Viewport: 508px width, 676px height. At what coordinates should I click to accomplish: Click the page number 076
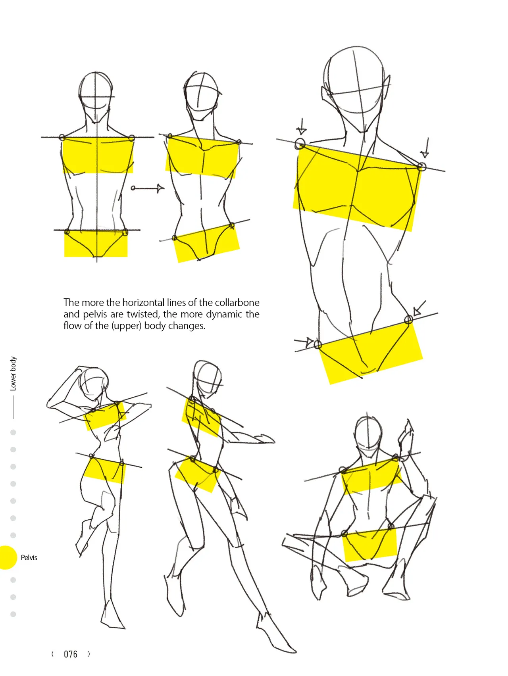tap(71, 654)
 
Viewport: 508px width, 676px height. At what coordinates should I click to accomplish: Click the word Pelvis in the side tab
tap(29, 557)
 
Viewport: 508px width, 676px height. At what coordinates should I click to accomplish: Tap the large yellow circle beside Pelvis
tap(7, 557)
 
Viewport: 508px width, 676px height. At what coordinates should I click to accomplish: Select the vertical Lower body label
tap(13, 373)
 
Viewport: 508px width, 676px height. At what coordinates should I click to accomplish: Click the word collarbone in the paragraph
tap(237, 303)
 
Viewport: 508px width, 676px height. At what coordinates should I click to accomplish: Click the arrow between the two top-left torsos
tap(147, 188)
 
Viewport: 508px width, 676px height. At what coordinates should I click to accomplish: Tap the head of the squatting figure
tap(368, 434)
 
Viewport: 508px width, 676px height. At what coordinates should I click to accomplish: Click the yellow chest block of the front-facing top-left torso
tap(98, 156)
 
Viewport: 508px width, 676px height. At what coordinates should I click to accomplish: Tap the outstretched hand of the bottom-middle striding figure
tap(264, 439)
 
